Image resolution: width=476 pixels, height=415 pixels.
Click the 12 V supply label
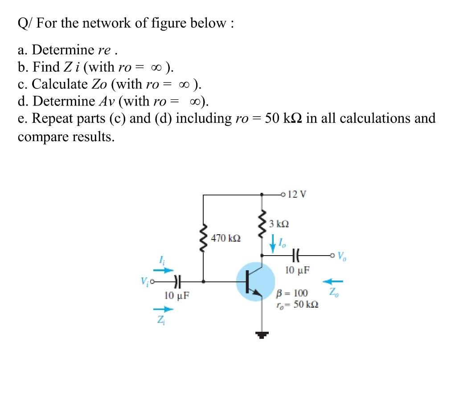[297, 195]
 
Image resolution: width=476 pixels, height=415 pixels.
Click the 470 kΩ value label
[226, 239]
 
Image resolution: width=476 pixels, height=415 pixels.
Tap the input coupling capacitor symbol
[177, 281]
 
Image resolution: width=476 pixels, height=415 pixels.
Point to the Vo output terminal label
[342, 256]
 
